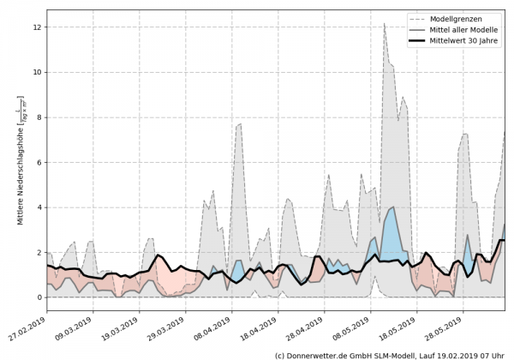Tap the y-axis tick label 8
coord(39,117)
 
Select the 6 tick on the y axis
coord(39,162)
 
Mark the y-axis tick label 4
coord(39,207)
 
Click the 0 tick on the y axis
coord(39,297)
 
